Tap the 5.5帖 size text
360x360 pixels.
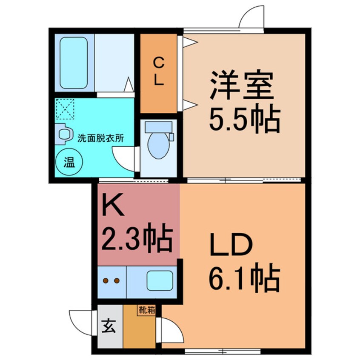click(243, 120)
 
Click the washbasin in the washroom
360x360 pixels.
click(63, 134)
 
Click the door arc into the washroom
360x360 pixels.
click(124, 157)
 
